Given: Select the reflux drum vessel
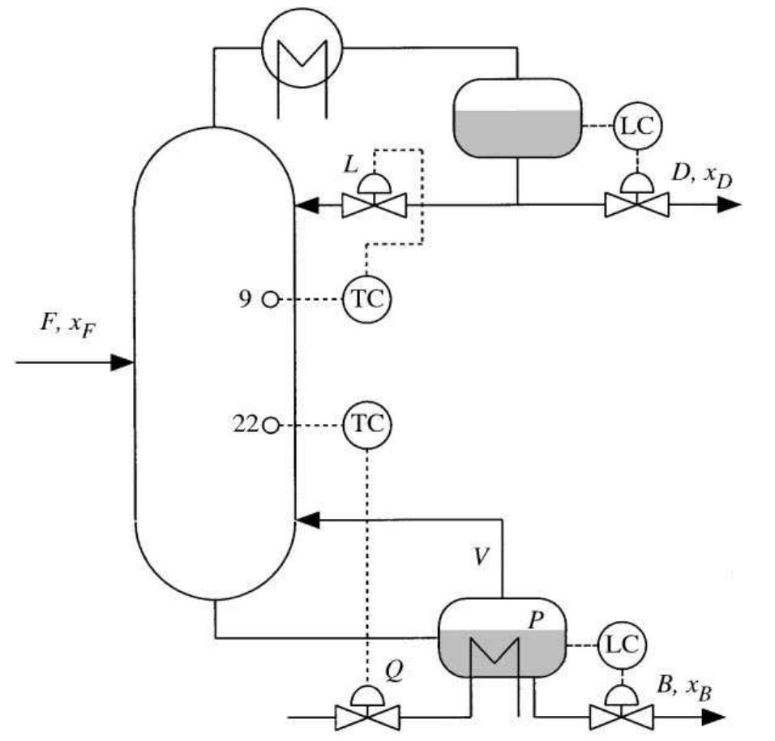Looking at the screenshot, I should pyautogui.click(x=516, y=117).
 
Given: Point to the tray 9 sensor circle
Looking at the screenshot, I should pyautogui.click(x=270, y=300).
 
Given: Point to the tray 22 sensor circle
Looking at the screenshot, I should pyautogui.click(x=270, y=424).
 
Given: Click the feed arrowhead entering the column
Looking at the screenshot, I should pyautogui.click(x=121, y=362).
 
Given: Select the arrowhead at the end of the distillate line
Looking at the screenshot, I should pyautogui.click(x=729, y=204).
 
